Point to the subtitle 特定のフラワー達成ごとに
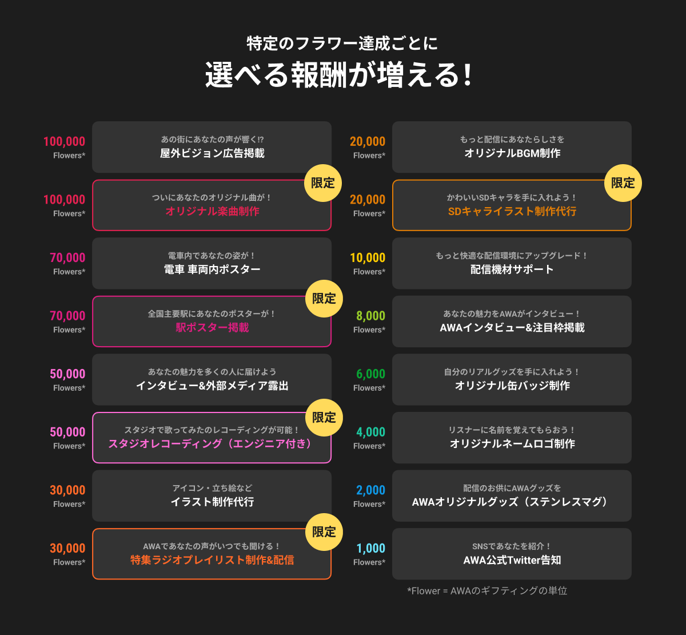coord(342,43)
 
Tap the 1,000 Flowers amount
coord(370,548)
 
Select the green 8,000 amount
coord(370,316)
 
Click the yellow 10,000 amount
coord(368,257)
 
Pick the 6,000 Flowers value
coord(370,374)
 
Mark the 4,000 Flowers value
coord(370,432)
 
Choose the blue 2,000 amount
coord(370,490)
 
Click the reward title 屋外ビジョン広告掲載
coord(212,153)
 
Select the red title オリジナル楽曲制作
coord(212,212)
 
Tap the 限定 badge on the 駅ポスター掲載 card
coord(324,299)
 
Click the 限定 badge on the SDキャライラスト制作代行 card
coord(623,183)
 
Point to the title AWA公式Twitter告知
coord(512,560)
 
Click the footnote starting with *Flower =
coord(487,590)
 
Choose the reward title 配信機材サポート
coord(512,269)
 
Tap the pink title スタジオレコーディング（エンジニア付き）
coord(212,444)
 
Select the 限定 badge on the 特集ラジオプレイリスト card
coord(324,531)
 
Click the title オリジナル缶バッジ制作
coord(512,386)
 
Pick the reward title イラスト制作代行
coord(212,502)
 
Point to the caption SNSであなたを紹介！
coord(512,546)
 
